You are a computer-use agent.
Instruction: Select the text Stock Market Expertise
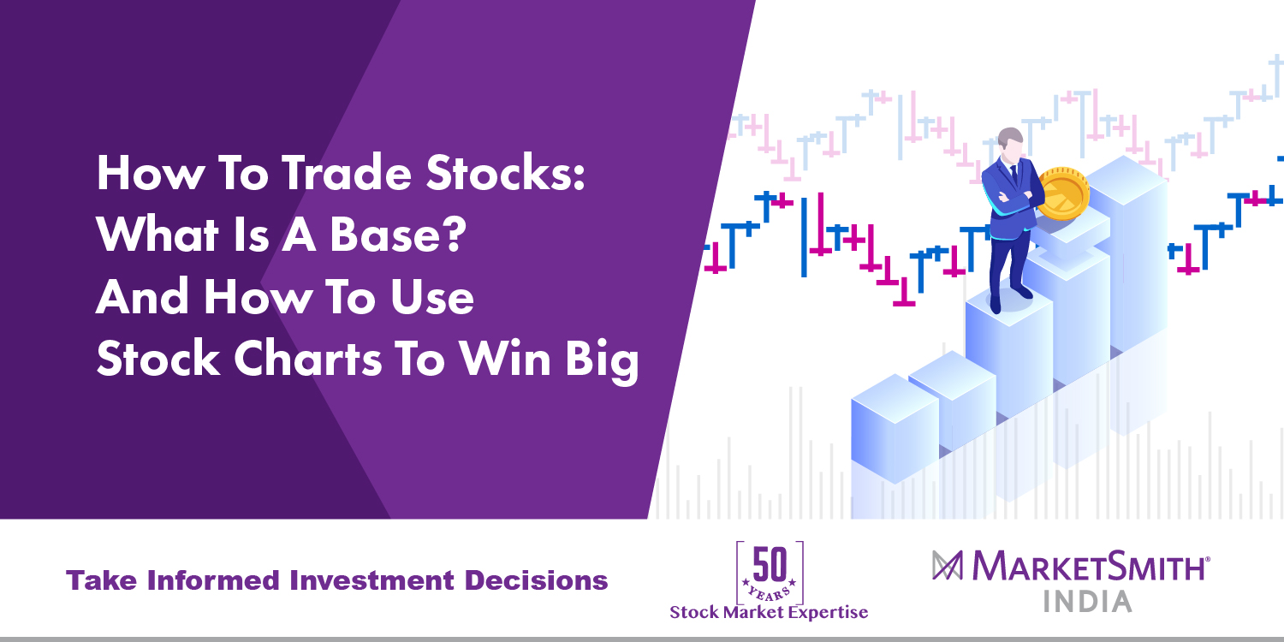click(x=769, y=612)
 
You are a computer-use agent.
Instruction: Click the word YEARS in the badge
click(x=770, y=588)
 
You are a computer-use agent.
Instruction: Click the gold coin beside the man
click(x=1061, y=194)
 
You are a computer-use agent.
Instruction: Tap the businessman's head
click(x=1011, y=143)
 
